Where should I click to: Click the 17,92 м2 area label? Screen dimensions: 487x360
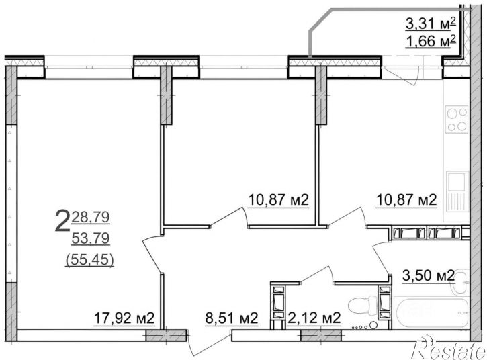(x=124, y=318)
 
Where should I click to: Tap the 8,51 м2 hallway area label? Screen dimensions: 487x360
(x=232, y=318)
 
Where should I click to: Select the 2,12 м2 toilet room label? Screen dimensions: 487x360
(x=314, y=318)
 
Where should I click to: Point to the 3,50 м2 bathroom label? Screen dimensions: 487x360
(x=429, y=275)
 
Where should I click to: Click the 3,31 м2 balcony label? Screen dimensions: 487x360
(x=431, y=24)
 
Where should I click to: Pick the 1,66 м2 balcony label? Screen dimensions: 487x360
(x=431, y=42)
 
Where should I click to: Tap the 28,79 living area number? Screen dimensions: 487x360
(x=91, y=217)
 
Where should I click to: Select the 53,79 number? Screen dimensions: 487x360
(x=91, y=238)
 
